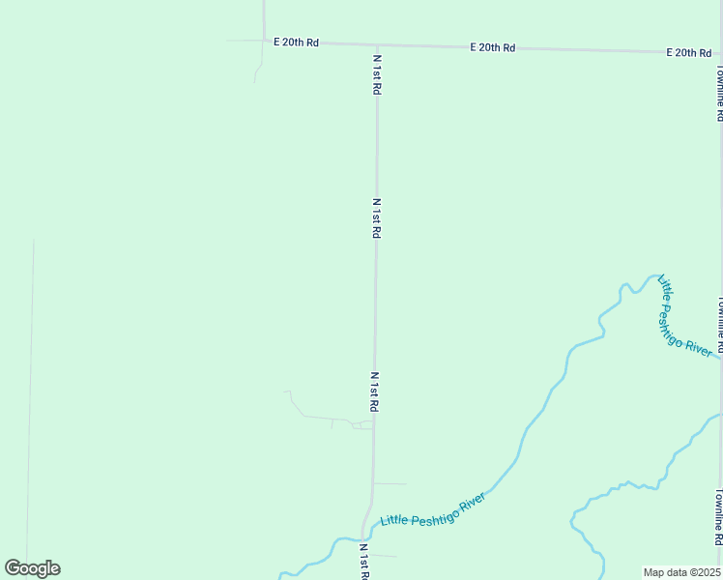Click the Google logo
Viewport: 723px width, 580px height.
(x=32, y=568)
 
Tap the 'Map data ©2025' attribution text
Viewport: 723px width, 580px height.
(x=681, y=572)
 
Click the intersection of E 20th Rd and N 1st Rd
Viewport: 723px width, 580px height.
(x=377, y=44)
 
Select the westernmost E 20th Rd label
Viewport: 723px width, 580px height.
(x=296, y=43)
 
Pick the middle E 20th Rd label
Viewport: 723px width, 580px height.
(x=492, y=47)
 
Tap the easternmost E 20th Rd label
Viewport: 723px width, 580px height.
(x=689, y=52)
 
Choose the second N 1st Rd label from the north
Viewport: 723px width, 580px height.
(x=377, y=218)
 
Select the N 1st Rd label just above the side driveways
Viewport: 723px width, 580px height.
(x=374, y=392)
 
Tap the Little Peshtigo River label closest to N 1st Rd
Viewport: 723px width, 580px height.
(x=432, y=507)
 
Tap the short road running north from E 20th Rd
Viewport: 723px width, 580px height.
(x=264, y=19)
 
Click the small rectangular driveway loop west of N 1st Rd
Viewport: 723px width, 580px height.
(x=362, y=424)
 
